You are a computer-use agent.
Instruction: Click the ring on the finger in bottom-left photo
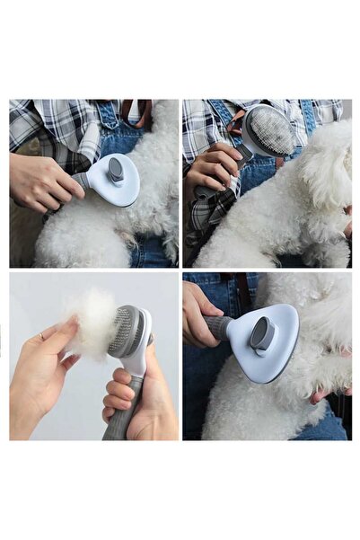(41, 336)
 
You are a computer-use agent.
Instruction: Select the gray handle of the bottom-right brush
(218, 326)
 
